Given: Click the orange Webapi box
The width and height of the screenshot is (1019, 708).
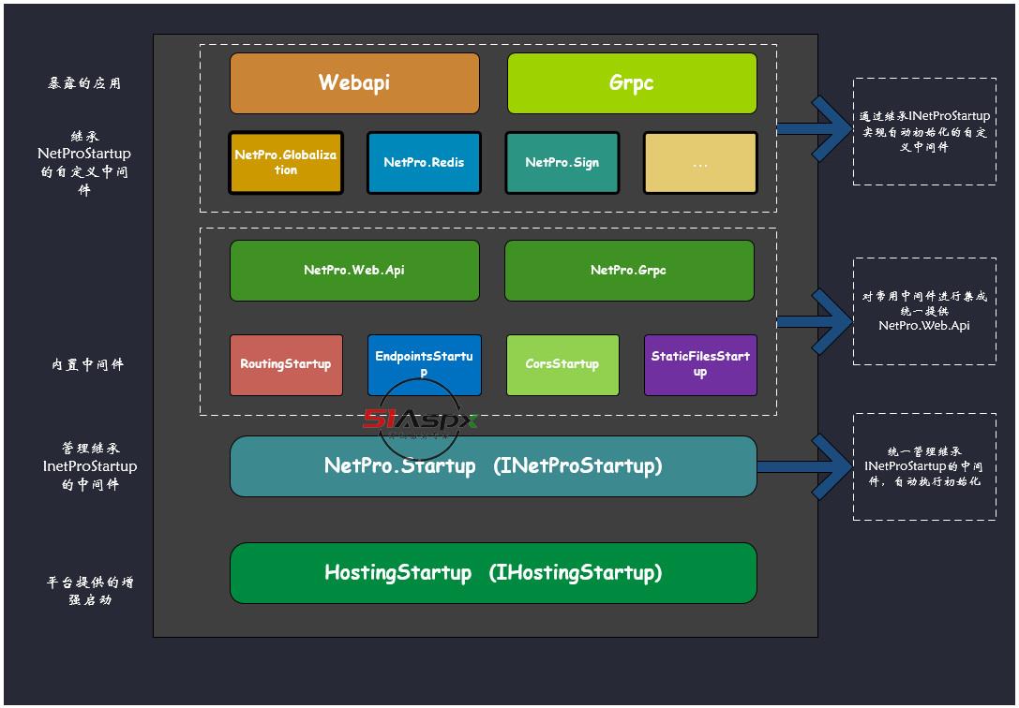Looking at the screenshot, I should coord(354,82).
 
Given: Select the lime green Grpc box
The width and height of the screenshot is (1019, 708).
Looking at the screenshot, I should coord(632,82).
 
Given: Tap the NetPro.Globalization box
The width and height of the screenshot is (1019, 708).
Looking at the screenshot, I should coord(286,162).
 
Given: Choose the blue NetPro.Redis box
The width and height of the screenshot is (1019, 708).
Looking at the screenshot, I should coord(424,162).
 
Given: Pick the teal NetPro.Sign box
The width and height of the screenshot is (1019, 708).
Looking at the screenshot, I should coord(562,162).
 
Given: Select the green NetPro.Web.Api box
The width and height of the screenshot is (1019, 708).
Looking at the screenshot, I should coord(354,271).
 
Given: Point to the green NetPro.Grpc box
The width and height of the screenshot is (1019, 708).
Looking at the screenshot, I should coord(629,271).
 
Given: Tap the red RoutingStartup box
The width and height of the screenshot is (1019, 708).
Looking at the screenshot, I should coord(286,364).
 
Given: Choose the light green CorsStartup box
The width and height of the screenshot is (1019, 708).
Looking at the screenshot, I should coord(562,364).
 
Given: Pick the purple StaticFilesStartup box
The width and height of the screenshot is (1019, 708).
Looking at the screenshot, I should coord(700,364).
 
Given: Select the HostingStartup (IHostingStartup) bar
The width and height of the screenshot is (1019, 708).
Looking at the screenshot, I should coord(493,572).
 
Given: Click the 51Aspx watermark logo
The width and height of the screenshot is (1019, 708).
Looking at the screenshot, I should coord(420,420).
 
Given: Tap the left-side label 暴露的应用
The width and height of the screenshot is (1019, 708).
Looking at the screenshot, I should coord(84,83).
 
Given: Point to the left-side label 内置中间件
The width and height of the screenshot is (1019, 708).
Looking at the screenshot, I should coord(87,365).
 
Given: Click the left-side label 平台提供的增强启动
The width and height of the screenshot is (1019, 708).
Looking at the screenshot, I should coord(90,591).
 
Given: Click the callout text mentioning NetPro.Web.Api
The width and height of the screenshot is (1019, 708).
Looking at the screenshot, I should coord(924,311).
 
